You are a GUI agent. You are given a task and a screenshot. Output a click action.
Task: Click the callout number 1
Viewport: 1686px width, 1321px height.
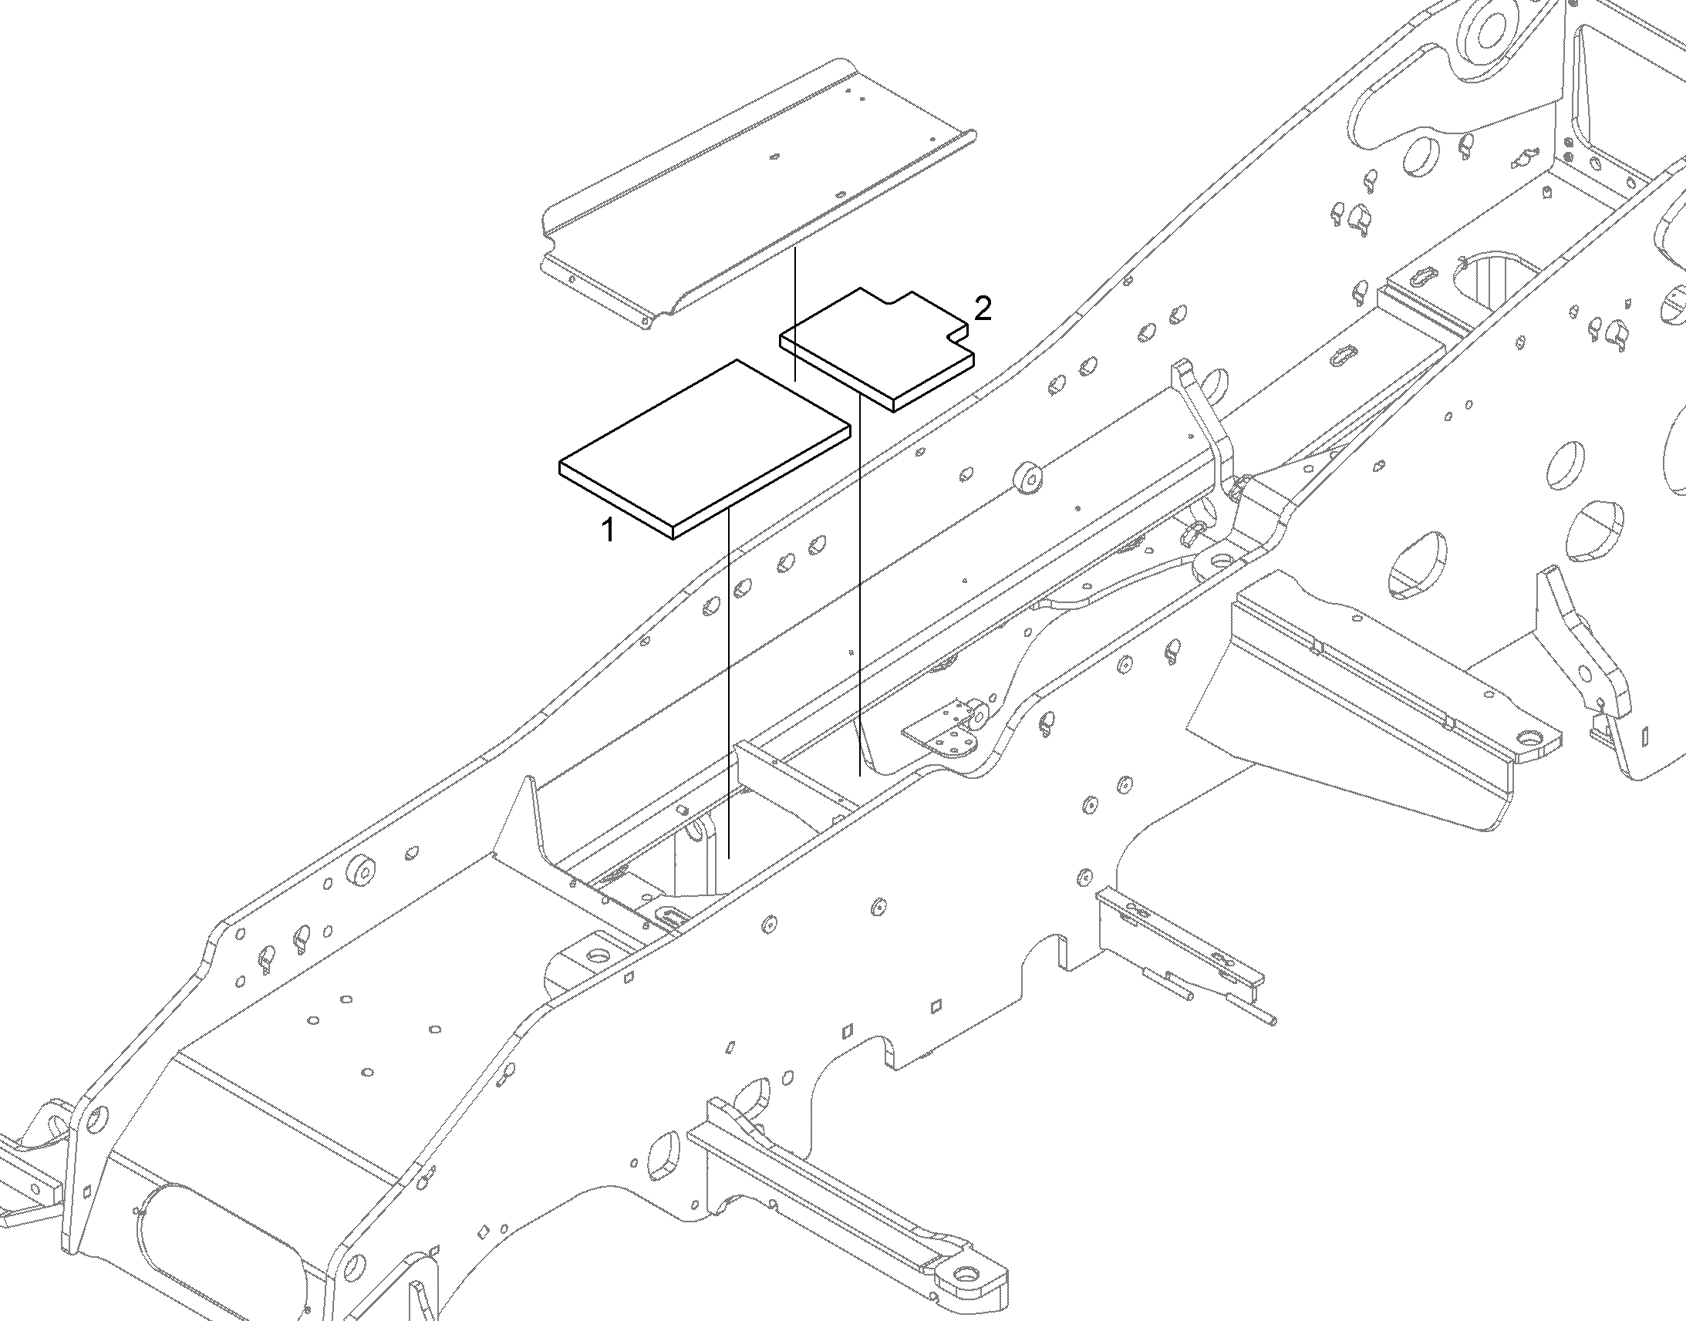[609, 531]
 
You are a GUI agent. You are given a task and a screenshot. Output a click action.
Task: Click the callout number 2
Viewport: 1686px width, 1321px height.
[982, 309]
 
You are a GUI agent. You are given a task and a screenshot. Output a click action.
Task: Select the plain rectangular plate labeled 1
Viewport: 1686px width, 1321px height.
[705, 449]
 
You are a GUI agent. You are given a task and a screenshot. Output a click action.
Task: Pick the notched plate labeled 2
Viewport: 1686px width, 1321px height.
[877, 349]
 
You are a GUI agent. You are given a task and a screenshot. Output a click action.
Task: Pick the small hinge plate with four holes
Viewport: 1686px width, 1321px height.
[947, 735]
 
